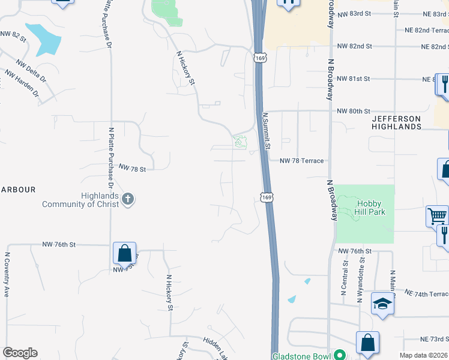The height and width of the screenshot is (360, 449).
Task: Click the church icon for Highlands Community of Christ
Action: [127, 199]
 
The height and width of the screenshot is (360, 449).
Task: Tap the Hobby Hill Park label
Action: [364, 207]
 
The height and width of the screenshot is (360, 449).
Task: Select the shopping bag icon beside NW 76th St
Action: [124, 254]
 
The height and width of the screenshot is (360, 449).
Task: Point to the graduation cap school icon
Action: [382, 305]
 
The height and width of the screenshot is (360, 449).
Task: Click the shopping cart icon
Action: [438, 215]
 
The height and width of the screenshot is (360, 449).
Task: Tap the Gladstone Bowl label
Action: [302, 355]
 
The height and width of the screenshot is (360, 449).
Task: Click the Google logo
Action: [20, 353]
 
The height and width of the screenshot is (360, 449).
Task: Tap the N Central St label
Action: [344, 277]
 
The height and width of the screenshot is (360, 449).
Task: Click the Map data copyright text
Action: [423, 355]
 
